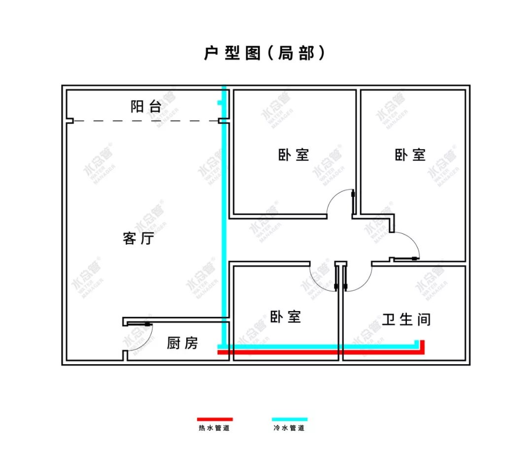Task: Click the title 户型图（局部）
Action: click(x=265, y=53)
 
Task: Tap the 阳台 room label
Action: click(x=146, y=106)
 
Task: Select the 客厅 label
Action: click(x=138, y=239)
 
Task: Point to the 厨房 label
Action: click(x=182, y=343)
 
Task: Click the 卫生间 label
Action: click(x=406, y=319)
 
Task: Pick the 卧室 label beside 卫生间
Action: click(x=286, y=316)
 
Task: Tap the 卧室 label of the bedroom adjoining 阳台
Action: click(x=294, y=155)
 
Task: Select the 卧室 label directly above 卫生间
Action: click(x=410, y=155)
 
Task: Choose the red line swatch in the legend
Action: click(x=215, y=419)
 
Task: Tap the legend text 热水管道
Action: click(x=214, y=428)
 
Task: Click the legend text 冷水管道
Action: click(x=289, y=428)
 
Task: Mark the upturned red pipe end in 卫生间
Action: click(x=423, y=346)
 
